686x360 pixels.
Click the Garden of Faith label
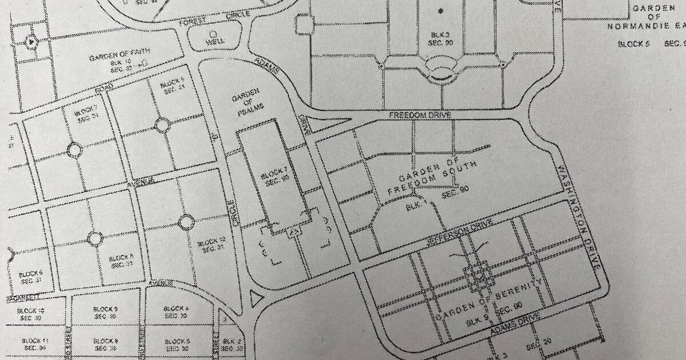click(x=111, y=58)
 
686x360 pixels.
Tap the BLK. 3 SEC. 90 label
click(x=441, y=38)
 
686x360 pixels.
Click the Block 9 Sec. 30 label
click(x=104, y=312)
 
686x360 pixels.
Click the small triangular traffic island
click(x=256, y=298)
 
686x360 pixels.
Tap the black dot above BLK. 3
click(x=440, y=11)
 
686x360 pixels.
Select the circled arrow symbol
click(x=31, y=41)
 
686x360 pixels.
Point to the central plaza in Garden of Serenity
click(x=479, y=276)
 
